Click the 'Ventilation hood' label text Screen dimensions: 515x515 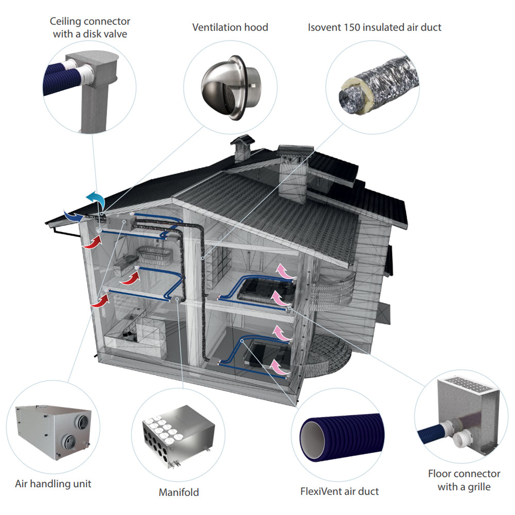point(230,27)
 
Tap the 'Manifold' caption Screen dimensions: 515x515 point(179,492)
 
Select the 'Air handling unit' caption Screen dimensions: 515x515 point(54,484)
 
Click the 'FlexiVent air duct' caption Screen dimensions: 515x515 point(339,491)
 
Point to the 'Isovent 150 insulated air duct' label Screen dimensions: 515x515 point(374,27)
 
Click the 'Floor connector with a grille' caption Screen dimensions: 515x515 point(463,479)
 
